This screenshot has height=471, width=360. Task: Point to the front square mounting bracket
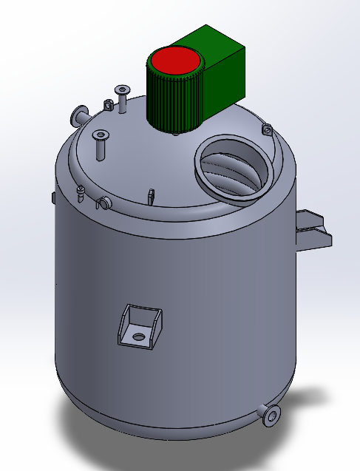click(138, 326)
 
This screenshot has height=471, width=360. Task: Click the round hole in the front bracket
click(137, 336)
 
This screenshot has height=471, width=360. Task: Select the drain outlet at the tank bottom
click(272, 416)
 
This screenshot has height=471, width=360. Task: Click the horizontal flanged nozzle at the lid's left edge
click(79, 116)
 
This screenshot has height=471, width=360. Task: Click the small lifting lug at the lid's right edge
click(266, 130)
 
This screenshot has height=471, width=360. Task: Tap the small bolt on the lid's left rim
click(80, 194)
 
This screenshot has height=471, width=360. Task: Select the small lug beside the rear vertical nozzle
click(108, 105)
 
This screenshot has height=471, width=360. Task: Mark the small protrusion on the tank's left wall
click(54, 197)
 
